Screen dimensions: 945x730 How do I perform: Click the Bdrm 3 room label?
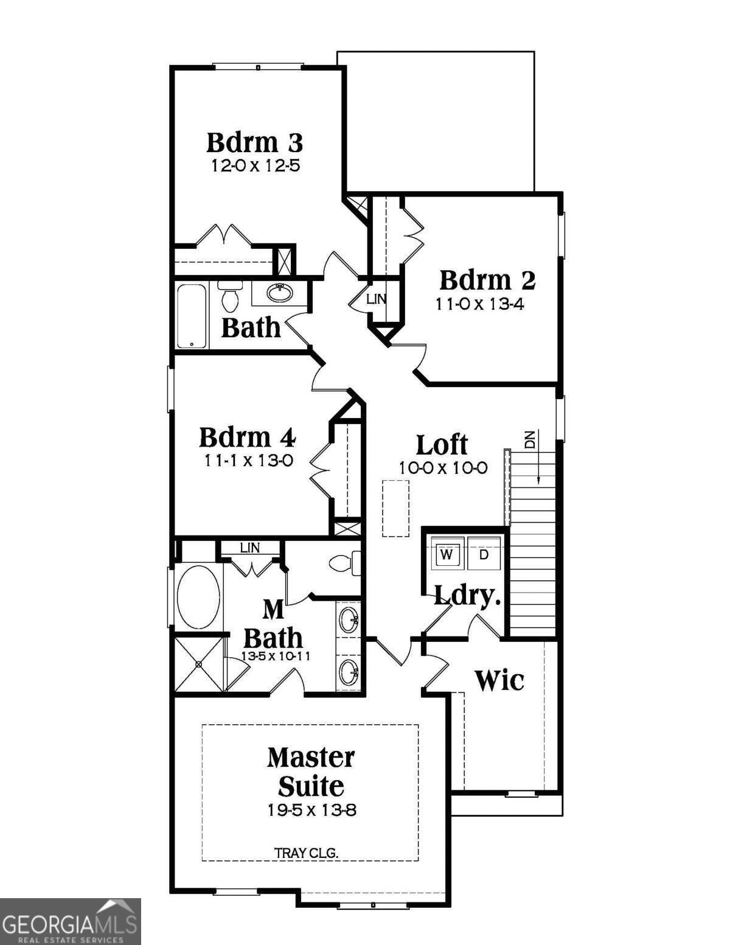click(x=254, y=142)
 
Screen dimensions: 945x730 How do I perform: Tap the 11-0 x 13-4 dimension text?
click(x=479, y=304)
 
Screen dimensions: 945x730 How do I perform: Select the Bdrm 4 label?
click(x=247, y=437)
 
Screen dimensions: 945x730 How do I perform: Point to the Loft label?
click(x=442, y=445)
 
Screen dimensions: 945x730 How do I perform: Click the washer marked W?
click(x=447, y=554)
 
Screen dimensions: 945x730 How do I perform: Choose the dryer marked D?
click(x=484, y=554)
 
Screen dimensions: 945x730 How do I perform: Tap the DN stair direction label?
click(x=530, y=439)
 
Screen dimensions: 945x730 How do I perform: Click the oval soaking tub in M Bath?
click(x=198, y=597)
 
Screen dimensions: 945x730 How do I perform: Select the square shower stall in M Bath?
click(x=199, y=663)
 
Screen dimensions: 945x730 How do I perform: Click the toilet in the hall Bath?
click(x=230, y=298)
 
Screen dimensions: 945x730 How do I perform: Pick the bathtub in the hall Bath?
click(x=192, y=316)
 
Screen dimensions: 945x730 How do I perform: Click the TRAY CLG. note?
click(x=306, y=853)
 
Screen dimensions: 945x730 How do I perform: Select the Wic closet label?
click(x=499, y=680)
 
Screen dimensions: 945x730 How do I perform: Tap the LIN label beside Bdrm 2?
click(x=376, y=299)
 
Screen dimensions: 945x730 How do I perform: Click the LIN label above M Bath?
click(x=249, y=548)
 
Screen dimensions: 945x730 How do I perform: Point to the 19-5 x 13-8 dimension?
click(x=311, y=810)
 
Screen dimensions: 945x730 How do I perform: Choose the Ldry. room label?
click(x=467, y=596)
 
